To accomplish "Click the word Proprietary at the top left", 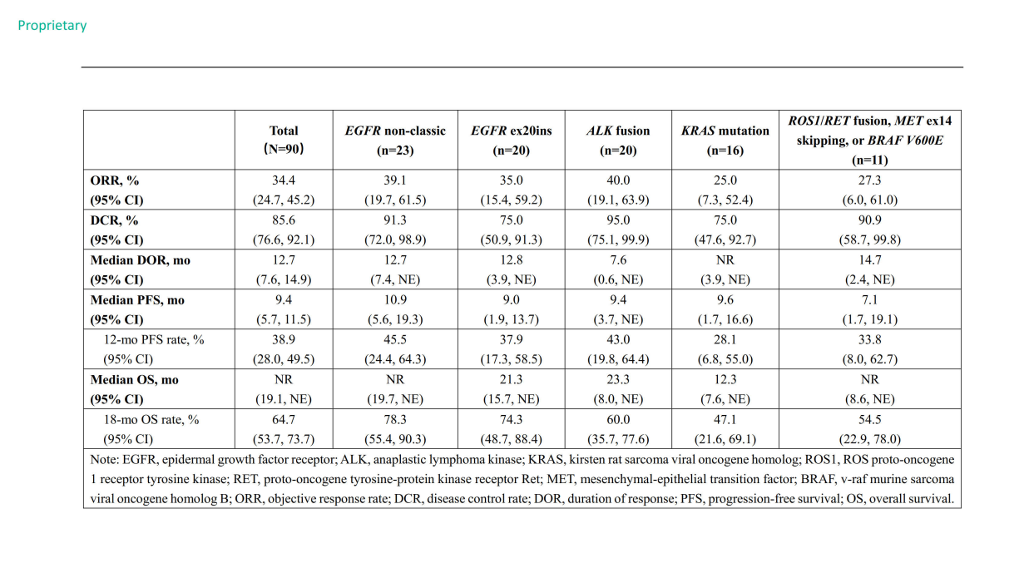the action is (52, 26).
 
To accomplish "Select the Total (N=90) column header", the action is (284, 140).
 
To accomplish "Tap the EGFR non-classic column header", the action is (395, 141).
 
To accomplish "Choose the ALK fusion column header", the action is (618, 141).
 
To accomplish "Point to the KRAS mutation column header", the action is (725, 141).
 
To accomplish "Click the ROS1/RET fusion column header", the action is (869, 140).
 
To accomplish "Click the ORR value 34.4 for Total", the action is (284, 180).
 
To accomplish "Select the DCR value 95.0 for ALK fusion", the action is (618, 220).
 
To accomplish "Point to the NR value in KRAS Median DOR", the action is (725, 260).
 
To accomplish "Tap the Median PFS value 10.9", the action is (395, 300).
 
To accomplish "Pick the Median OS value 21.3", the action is (512, 380).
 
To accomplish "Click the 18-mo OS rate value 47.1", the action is (725, 420).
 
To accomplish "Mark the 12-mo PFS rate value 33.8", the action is (869, 340).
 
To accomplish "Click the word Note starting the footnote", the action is (104, 460).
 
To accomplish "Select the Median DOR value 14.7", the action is (869, 260).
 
